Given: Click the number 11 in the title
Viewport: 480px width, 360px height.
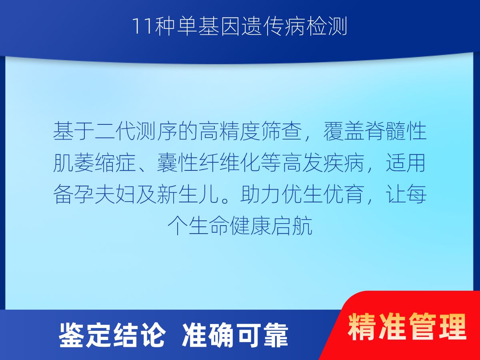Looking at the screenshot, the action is pos(142,26).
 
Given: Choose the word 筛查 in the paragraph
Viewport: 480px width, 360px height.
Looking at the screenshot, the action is pos(281,131).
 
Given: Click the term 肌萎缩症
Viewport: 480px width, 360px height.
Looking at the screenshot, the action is pos(94,163).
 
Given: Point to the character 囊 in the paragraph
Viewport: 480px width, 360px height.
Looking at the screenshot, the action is pos(167,163).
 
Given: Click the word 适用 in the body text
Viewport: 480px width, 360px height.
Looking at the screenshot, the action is pos(406,163).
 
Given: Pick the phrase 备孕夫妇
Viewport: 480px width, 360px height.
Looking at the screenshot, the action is pos(94,194).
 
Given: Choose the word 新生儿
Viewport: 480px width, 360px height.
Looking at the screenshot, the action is pos(188,194).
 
